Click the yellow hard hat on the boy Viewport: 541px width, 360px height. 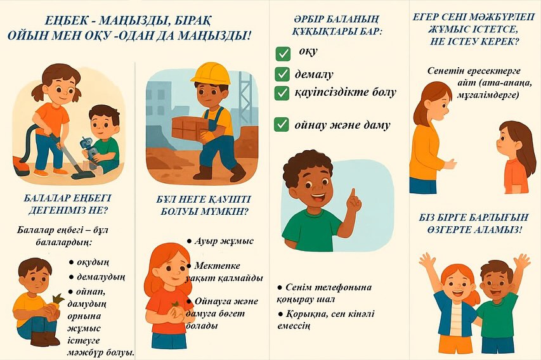pos(211,74)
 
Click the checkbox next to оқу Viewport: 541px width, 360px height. pos(283,54)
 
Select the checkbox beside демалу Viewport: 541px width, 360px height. pos(282,74)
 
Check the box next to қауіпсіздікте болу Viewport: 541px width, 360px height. pos(282,93)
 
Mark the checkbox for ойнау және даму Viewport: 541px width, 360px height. pos(281,124)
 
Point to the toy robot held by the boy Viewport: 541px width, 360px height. pos(88,149)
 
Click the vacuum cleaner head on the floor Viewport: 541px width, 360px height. pos(83,175)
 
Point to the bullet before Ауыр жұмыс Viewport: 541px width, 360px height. pos(189,241)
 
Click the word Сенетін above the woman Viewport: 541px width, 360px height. pos(446,71)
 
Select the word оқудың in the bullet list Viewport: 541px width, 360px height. pos(93,263)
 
